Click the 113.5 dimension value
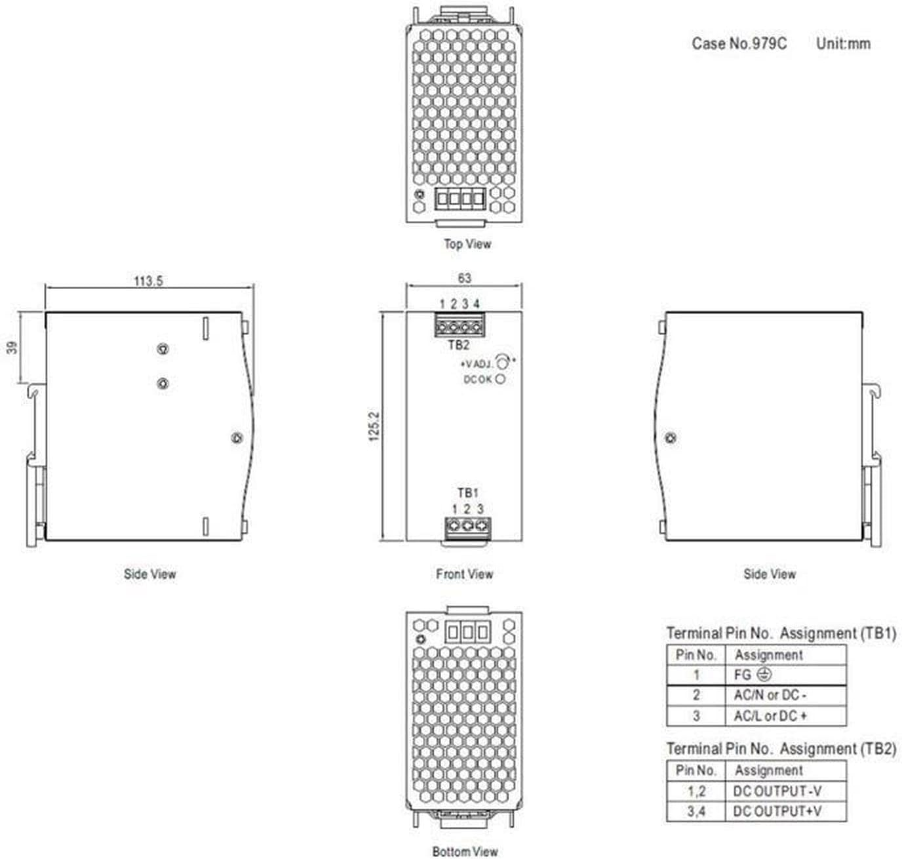tap(148, 281)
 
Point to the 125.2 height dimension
tap(374, 426)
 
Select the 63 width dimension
tap(464, 278)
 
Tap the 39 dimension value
tap(12, 347)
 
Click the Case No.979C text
tap(739, 44)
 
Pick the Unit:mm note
tap(843, 44)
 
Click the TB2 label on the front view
tap(458, 345)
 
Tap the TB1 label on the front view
tap(468, 492)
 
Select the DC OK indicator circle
tap(501, 379)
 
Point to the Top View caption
tap(467, 244)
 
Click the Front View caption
tap(464, 574)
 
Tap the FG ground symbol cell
tap(785, 675)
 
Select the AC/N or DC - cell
tap(785, 695)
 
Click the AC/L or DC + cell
tap(785, 716)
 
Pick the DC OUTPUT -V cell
tap(785, 791)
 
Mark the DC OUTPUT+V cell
tap(785, 811)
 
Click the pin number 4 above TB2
tap(477, 304)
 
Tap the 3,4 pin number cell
tap(696, 811)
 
